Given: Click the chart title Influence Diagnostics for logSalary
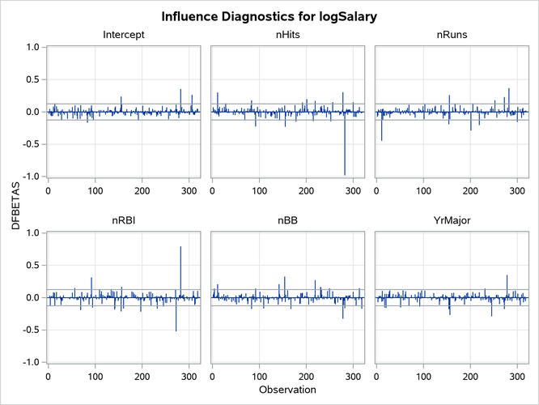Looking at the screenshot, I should click(x=269, y=17).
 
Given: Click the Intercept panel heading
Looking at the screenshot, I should click(x=124, y=36).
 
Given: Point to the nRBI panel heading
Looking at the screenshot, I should click(x=124, y=221).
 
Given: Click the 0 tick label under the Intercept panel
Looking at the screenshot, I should click(x=49, y=190).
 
